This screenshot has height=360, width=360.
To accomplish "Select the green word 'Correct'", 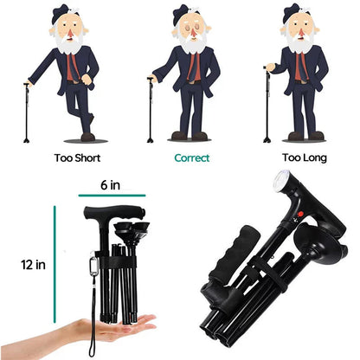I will [191, 158].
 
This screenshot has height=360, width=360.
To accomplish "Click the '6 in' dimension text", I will [109, 184].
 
